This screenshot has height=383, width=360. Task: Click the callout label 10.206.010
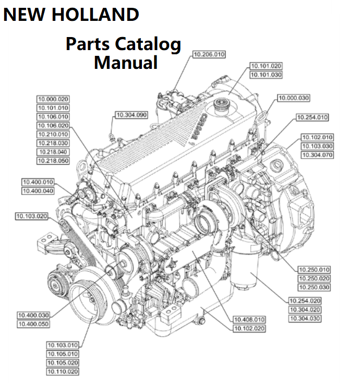point(209,54)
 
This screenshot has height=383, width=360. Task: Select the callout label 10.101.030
point(266,75)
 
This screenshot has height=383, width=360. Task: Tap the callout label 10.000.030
point(294,98)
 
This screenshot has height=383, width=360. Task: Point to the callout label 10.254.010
point(312,117)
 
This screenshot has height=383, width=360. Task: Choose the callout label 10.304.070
point(317,155)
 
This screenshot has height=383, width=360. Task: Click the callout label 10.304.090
point(131,114)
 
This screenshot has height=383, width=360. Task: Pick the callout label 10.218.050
point(53,161)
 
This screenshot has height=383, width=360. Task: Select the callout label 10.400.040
point(38,191)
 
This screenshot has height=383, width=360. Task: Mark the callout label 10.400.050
point(33,324)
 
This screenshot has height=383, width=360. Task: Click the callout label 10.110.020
point(63,372)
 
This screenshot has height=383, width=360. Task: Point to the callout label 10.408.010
point(249,319)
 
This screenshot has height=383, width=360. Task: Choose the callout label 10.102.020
point(249,328)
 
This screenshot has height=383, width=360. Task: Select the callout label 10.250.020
point(314,279)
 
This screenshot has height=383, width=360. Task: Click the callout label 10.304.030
point(305,318)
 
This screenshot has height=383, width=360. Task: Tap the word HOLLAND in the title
point(98,14)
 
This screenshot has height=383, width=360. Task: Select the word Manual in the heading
point(126,63)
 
